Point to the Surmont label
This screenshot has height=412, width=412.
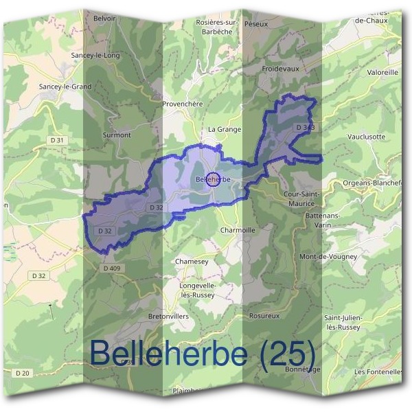coord(116,135)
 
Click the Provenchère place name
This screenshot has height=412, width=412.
coord(183,104)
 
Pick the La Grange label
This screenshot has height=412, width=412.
coord(224,129)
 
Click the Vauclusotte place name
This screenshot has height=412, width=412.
coord(367,137)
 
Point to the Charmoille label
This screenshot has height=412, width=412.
coord(238,231)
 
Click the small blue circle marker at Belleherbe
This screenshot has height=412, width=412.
coord(213,179)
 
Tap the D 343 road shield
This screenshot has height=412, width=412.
coord(307,128)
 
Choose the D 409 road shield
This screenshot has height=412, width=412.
coord(111,268)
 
